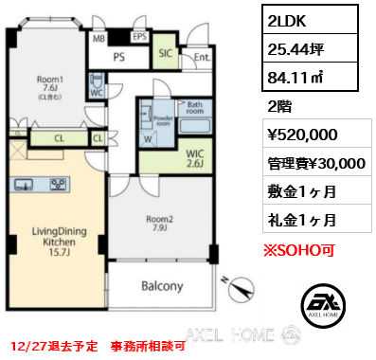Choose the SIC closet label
pos(164,54)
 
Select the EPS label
pos(138,39)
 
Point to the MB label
pos(98,40)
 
